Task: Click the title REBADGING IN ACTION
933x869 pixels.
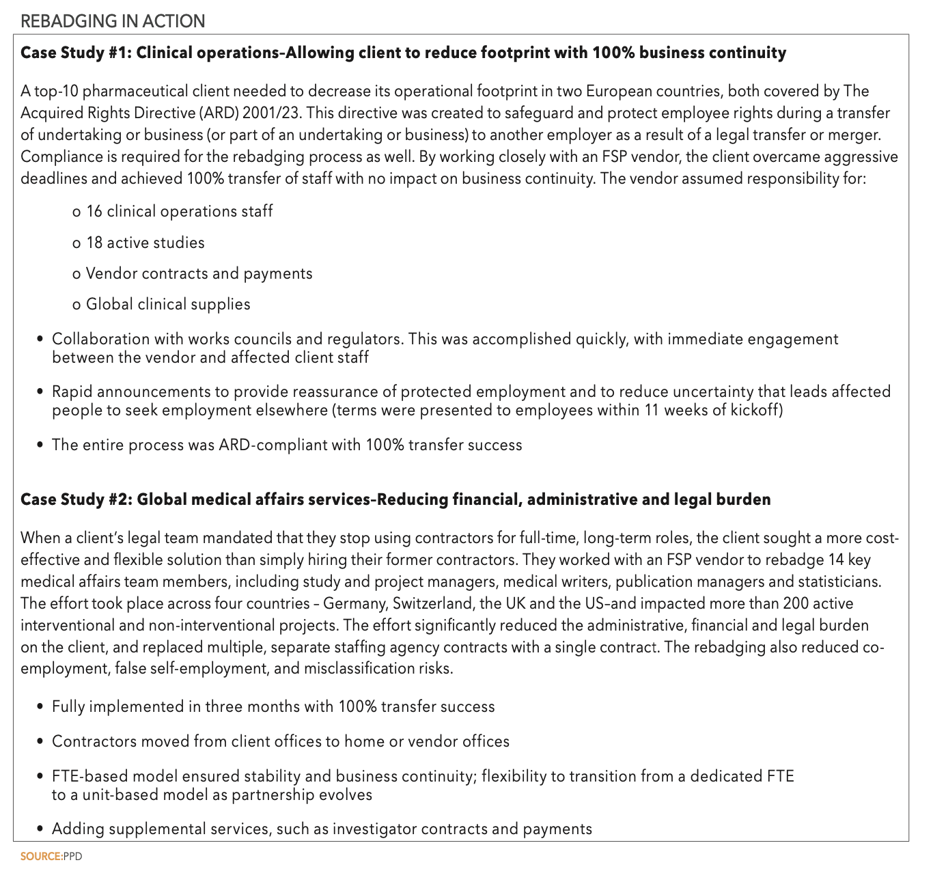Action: [x=113, y=21]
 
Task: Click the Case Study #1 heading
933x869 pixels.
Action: [x=403, y=53]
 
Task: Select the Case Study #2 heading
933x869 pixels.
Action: [x=395, y=499]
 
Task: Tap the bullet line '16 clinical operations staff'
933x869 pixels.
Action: [x=179, y=211]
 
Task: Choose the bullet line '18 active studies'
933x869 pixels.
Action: [x=145, y=243]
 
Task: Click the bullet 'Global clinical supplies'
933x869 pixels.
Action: [x=168, y=304]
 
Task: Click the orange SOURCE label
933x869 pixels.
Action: [x=40, y=857]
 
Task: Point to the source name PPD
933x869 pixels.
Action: [x=72, y=857]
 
